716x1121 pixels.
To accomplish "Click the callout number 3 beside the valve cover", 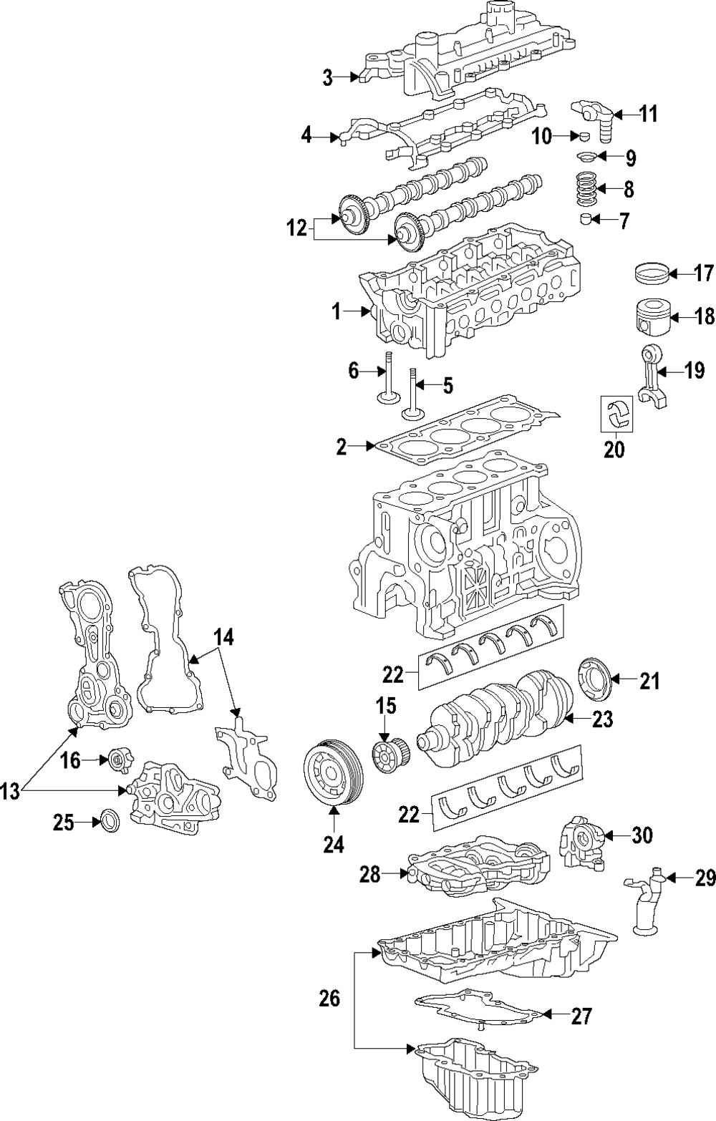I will coord(327,78).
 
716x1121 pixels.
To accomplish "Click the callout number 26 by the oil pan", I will coord(329,999).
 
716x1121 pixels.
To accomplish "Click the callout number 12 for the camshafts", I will coord(296,229).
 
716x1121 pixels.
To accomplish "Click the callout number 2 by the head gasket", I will coord(342,448).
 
